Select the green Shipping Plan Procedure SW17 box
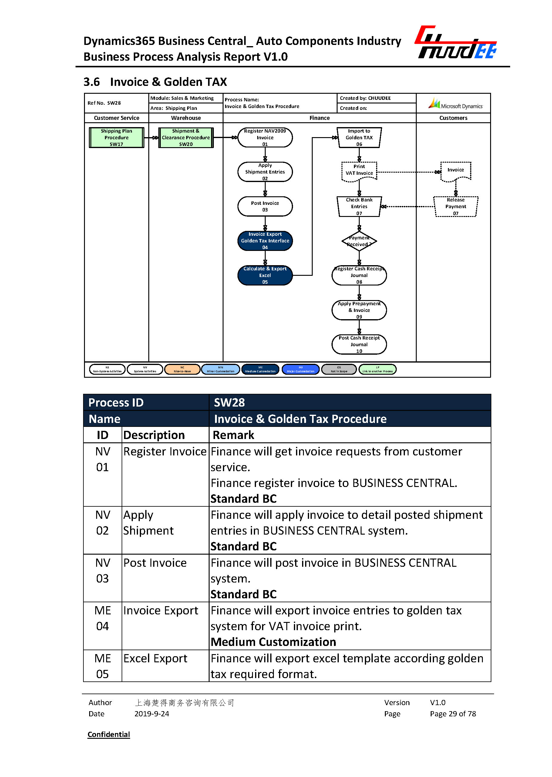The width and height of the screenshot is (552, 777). coord(116,137)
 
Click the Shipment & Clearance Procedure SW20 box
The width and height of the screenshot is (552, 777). coord(186,137)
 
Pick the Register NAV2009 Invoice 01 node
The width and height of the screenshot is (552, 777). coord(265,137)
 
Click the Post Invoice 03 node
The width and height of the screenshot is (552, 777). coord(265,206)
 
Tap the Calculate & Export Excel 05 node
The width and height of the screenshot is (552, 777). coord(265,275)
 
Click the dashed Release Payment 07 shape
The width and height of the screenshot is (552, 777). coord(456,206)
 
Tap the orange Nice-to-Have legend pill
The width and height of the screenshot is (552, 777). coord(182,369)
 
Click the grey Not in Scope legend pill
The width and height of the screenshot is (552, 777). coord(339,369)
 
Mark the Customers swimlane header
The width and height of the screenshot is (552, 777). coord(453,118)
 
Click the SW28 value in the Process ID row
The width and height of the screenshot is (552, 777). coord(229,402)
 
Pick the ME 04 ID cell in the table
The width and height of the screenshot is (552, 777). coord(102,618)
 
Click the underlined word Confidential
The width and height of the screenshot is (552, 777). coord(109,734)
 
